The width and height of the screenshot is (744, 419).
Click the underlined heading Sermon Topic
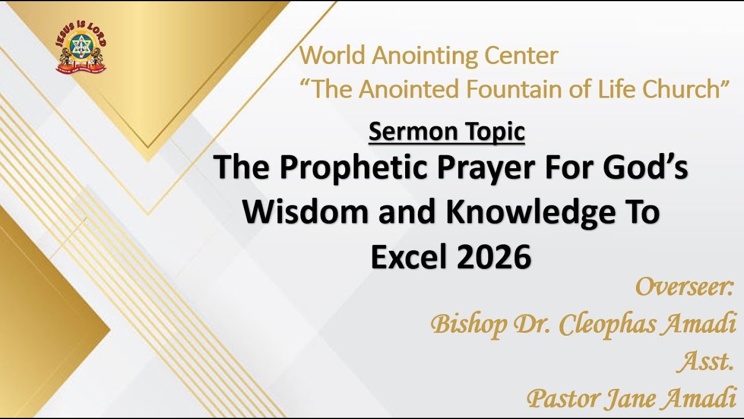[x=446, y=132]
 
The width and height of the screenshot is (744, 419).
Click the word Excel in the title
[x=410, y=258]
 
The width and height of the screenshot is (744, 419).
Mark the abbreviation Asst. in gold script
[x=704, y=362]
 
